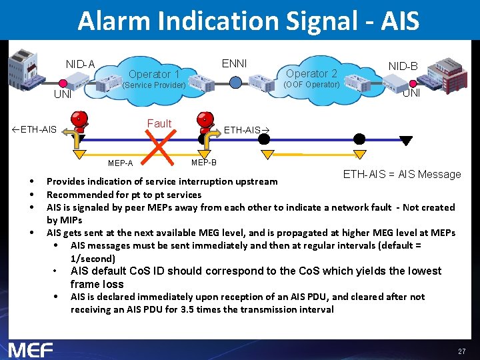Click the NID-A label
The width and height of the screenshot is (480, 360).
pyautogui.click(x=80, y=65)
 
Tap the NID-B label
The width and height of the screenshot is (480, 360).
pyautogui.click(x=403, y=67)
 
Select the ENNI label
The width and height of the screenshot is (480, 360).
pyautogui.click(x=234, y=63)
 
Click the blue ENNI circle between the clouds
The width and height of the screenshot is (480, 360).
pyautogui.click(x=235, y=82)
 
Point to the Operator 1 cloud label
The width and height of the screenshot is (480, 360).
pyautogui.click(x=154, y=74)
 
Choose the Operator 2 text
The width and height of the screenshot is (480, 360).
pyautogui.click(x=311, y=73)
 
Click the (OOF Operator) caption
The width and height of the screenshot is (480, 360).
pyautogui.click(x=311, y=85)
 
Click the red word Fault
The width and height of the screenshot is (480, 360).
pyautogui.click(x=159, y=123)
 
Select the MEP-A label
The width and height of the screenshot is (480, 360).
pyautogui.click(x=120, y=164)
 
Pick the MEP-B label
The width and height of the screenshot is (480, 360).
pyautogui.click(x=203, y=163)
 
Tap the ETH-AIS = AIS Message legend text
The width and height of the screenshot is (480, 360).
pyautogui.click(x=402, y=175)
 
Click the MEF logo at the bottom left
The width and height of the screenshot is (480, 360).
pyautogui.click(x=31, y=349)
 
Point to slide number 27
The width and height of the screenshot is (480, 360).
pyautogui.click(x=461, y=351)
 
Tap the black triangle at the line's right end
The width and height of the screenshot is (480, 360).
pyautogui.click(x=406, y=140)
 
